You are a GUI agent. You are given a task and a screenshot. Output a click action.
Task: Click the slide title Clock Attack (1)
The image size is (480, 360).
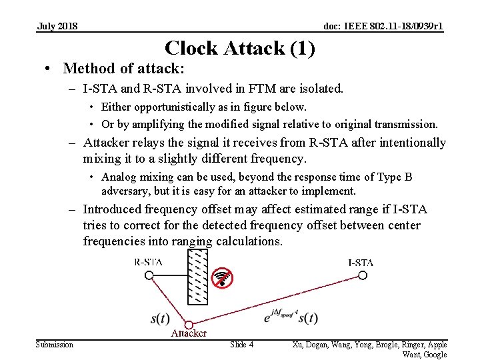(239, 48)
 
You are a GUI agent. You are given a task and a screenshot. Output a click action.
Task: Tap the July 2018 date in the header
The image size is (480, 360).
(57, 26)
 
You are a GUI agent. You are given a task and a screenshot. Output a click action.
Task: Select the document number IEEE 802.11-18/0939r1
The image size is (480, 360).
(383, 26)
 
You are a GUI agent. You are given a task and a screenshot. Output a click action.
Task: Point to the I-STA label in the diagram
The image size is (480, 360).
(360, 262)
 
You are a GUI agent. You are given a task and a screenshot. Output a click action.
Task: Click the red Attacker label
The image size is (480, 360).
(189, 333)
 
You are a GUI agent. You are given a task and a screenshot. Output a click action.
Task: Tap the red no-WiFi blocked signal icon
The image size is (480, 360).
(222, 279)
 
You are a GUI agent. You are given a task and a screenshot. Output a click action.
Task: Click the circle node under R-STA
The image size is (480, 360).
(149, 275)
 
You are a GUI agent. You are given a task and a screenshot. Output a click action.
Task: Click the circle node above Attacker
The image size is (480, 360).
(189, 324)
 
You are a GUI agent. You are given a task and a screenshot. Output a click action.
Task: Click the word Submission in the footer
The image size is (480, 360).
(55, 344)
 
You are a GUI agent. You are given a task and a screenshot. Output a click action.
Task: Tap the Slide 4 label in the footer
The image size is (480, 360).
(241, 344)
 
